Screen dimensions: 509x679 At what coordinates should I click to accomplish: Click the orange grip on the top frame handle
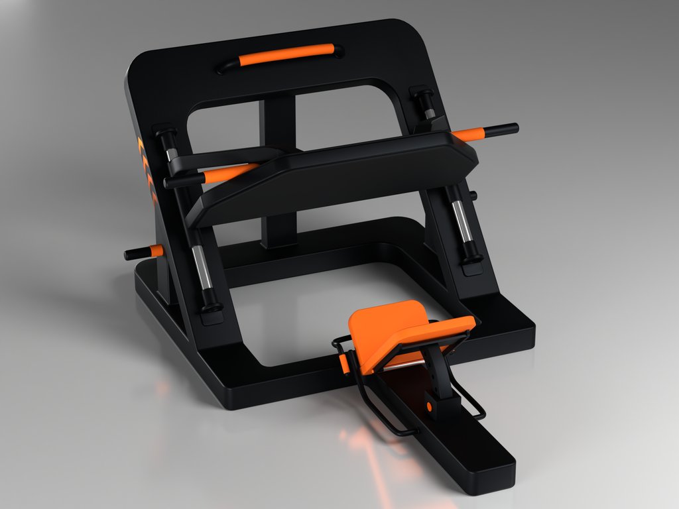click(x=285, y=55)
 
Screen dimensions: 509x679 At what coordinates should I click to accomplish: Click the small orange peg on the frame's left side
click(x=155, y=251)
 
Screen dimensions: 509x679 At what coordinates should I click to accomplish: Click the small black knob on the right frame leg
click(x=473, y=196)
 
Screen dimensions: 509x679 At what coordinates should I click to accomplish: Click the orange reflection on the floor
click(x=371, y=457)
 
